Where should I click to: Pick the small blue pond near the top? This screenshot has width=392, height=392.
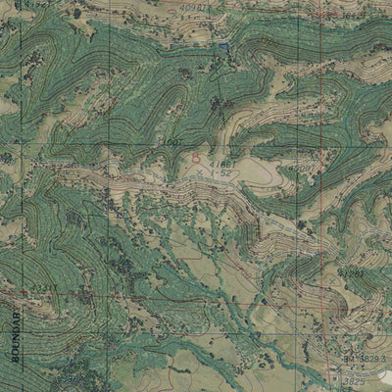pyautogui.click(x=223, y=46)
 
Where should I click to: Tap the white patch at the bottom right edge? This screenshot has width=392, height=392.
pyautogui.click(x=385, y=349)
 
